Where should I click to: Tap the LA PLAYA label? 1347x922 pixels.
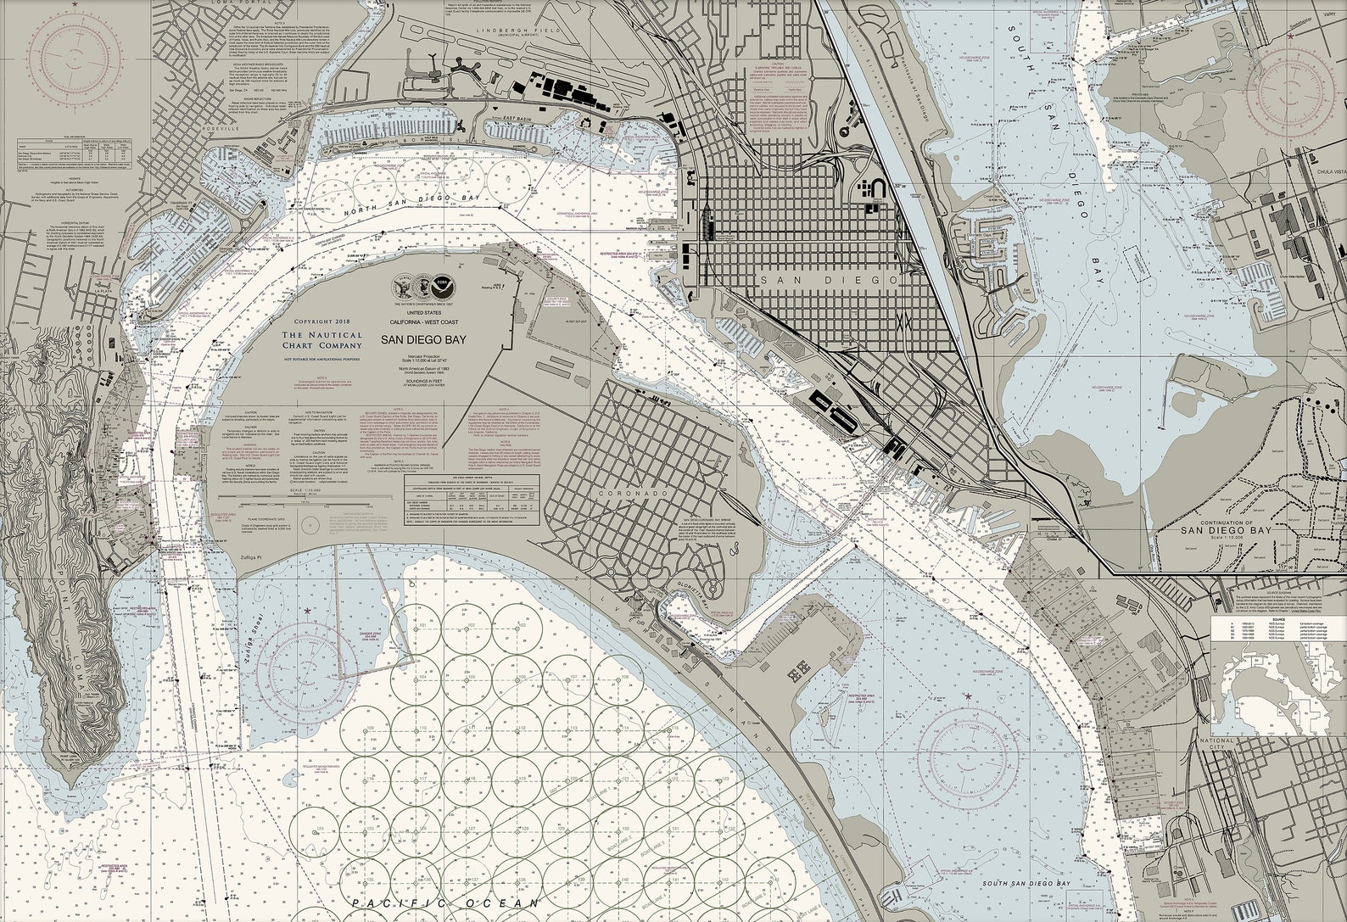104,290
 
